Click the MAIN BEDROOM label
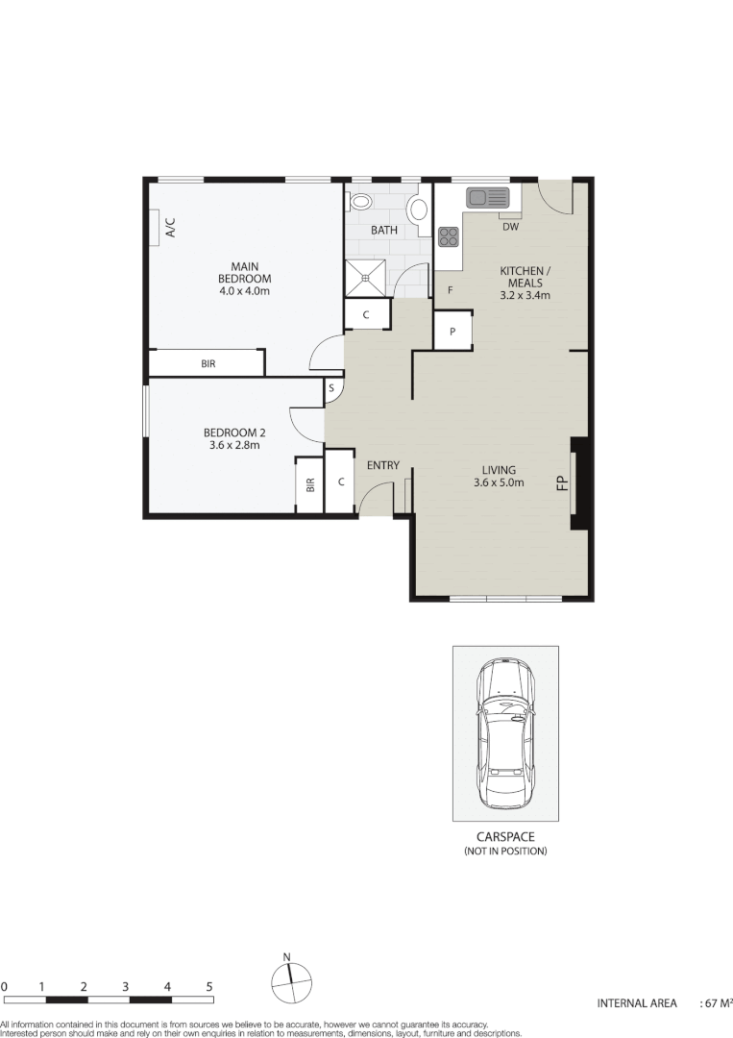pos(244,278)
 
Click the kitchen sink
pos(487,198)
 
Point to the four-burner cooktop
pos(449,236)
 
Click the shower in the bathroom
pos(367,278)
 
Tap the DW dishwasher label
pos(510,228)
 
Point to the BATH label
pos(385,231)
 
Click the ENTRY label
pos(382,466)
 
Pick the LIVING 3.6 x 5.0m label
pos(498,477)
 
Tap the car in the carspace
pos(505,732)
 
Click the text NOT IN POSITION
pos(505,852)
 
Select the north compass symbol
pos(287,982)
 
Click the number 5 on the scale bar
pos(209,987)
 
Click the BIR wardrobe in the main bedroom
pos(208,363)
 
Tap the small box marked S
pos(331,388)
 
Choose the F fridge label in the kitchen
pos(449,289)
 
